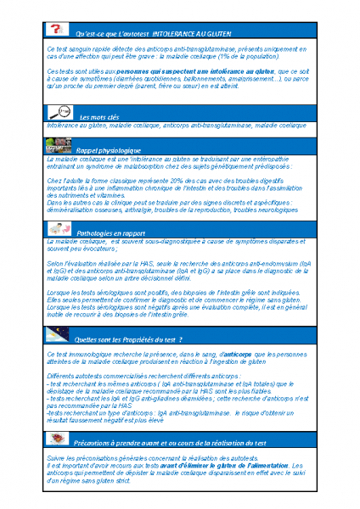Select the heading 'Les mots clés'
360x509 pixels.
[98, 115]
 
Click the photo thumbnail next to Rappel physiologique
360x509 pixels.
[57, 148]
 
